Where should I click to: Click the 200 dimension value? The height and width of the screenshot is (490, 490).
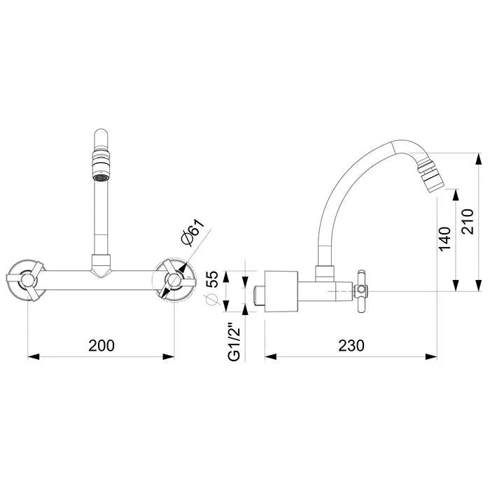tap(101, 346)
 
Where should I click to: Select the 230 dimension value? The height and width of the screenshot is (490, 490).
tap(351, 346)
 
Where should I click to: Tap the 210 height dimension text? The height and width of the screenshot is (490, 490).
tap(468, 222)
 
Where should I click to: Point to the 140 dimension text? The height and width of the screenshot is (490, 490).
tap(444, 239)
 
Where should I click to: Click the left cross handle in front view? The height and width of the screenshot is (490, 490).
tap(26, 280)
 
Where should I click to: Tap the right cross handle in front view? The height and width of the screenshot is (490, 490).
tap(176, 279)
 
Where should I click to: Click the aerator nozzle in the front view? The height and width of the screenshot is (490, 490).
tap(101, 166)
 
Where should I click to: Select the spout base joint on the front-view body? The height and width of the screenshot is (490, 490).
tap(101, 265)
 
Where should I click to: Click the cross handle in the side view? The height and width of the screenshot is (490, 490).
tap(361, 292)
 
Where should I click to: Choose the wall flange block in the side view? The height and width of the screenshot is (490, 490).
tap(281, 291)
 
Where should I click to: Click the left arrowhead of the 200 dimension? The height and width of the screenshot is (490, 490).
tap(34, 356)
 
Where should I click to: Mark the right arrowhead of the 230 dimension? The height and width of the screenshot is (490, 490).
tap(431, 356)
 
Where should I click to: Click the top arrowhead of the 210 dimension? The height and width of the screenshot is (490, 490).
tap(478, 159)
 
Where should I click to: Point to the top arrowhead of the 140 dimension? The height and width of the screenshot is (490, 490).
tap(456, 195)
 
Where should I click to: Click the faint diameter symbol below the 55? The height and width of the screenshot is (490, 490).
tap(211, 300)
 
